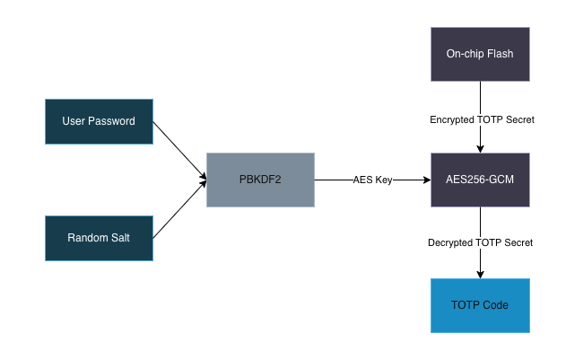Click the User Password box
click(99, 121)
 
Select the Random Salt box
click(99, 238)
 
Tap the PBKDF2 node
click(260, 180)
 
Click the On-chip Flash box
click(480, 53)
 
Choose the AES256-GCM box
click(480, 180)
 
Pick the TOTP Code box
click(480, 305)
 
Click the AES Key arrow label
click(372, 180)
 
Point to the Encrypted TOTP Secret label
click(481, 119)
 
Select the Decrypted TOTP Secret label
click(481, 242)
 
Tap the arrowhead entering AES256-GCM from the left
click(425, 180)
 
